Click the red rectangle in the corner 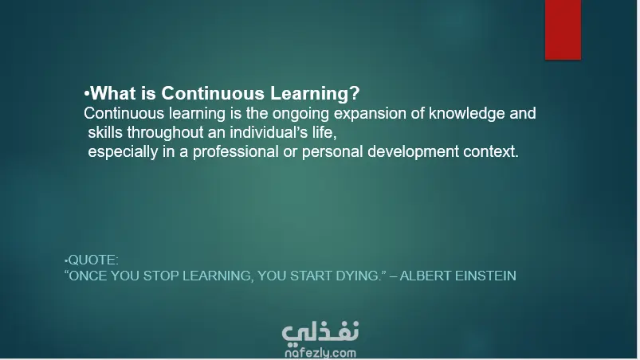(x=563, y=29)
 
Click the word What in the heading (x=113, y=93)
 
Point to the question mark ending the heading (x=355, y=93)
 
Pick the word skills (x=105, y=132)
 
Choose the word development (x=413, y=151)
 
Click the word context (x=491, y=151)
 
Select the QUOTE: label (x=92, y=260)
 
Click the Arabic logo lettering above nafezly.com (x=320, y=332)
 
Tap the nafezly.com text (x=320, y=353)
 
